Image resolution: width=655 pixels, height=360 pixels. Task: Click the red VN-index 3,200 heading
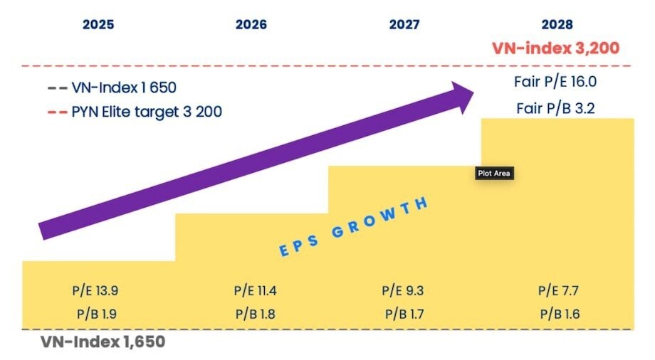pos(555,48)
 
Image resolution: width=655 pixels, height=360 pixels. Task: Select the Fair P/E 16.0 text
pos(555,82)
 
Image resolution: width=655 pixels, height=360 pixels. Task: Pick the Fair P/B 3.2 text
pos(555,109)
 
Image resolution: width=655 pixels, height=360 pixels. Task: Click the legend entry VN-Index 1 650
pos(114,89)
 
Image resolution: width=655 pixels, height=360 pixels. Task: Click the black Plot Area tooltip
pos(494,173)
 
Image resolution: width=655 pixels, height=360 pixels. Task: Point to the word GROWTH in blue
pos(388,216)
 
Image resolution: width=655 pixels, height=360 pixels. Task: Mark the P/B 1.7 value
pos(404,313)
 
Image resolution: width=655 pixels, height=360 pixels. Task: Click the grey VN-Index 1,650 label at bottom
pos(103,342)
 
